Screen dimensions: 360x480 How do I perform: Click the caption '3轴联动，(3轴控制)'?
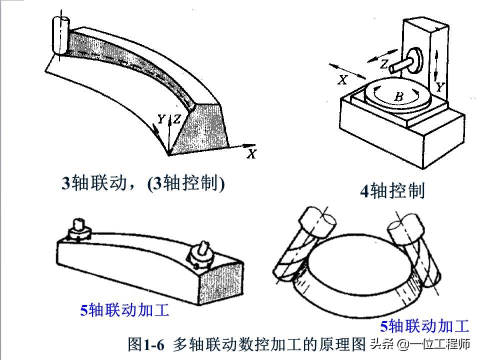point(143,183)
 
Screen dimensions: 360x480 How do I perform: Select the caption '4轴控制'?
point(392,191)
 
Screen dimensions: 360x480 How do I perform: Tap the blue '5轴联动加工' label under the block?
point(125,310)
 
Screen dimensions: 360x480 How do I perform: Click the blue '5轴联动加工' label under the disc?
point(424,326)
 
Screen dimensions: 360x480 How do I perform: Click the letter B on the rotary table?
point(398,97)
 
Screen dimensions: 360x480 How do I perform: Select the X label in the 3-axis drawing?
point(251,154)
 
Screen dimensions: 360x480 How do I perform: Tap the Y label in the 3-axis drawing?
point(161,119)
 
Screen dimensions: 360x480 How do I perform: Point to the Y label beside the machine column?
point(439,87)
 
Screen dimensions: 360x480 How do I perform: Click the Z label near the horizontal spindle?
point(383,63)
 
